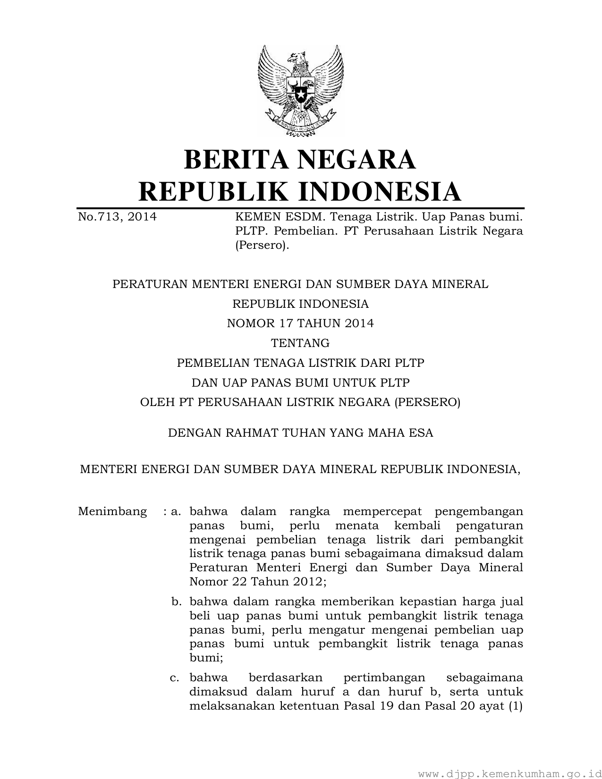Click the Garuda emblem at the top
[300, 90]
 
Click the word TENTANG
[300, 343]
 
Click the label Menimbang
[112, 512]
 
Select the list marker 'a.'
[177, 512]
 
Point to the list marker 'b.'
[177, 602]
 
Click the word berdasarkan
[285, 678]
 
